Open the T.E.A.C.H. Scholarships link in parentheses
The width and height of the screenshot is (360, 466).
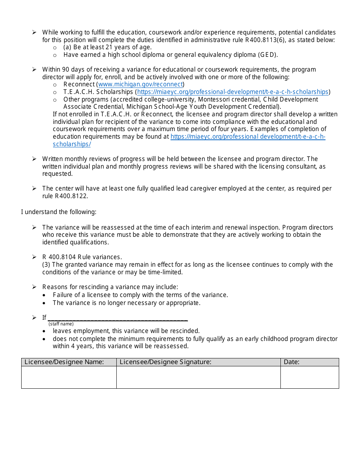[233, 92]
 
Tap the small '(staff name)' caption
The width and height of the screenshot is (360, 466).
[61, 324]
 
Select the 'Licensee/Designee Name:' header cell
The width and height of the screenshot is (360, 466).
[69, 362]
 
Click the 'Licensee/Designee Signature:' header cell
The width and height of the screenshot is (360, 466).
[198, 362]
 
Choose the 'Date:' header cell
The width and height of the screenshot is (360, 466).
[309, 362]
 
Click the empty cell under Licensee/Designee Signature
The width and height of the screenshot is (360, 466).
[198, 377]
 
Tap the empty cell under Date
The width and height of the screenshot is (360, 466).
[309, 377]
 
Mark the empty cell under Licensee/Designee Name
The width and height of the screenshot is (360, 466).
[69, 377]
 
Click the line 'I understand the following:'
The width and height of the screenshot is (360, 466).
[59, 212]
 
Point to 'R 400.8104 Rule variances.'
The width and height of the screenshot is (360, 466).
[82, 257]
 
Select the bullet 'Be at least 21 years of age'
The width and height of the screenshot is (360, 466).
[108, 47]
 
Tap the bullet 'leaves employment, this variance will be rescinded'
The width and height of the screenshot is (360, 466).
[126, 331]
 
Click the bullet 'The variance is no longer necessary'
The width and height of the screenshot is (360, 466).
[126, 303]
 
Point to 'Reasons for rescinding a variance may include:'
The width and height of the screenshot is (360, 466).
[110, 287]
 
